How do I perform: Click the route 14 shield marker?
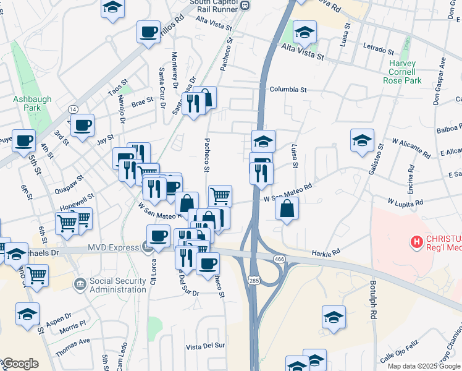click(x=73, y=109)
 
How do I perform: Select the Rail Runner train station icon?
click(x=245, y=6)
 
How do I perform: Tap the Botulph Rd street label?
click(x=373, y=302)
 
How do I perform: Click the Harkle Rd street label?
click(x=326, y=254)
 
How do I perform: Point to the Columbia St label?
click(x=287, y=90)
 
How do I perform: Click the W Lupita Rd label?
click(x=405, y=202)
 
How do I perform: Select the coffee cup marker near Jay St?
click(x=82, y=126)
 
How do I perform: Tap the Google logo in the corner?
click(x=20, y=364)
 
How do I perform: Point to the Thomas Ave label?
click(x=72, y=346)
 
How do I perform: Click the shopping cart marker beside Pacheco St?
click(x=220, y=196)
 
